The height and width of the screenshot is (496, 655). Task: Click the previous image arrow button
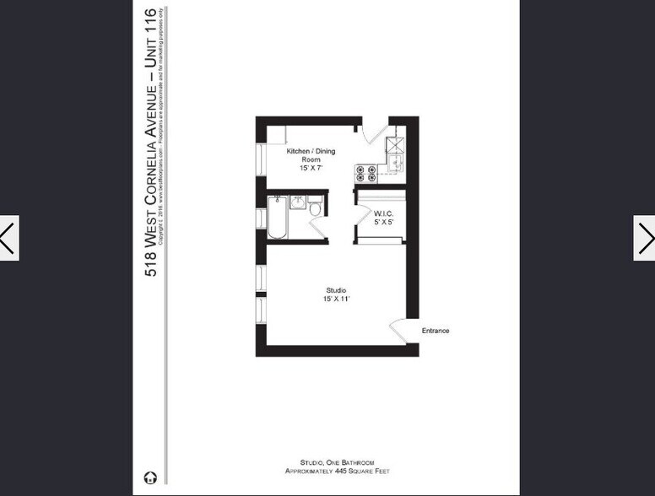(x=8, y=238)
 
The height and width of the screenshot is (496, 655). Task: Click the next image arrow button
(x=645, y=238)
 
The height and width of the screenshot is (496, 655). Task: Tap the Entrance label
(x=436, y=331)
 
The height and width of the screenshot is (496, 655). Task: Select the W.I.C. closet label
(x=383, y=214)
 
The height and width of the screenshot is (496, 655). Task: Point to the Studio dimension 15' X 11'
(x=335, y=299)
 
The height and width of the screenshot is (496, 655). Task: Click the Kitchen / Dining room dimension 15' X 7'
(x=311, y=168)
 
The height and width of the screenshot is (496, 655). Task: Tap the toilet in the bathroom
(x=315, y=208)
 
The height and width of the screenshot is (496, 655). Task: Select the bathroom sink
(x=297, y=202)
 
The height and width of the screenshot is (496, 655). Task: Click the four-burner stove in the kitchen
(x=366, y=173)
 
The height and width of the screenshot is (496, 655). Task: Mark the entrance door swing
(x=398, y=330)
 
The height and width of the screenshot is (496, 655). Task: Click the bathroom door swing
(x=319, y=228)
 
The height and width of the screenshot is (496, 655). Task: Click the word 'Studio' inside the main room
(x=335, y=290)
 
